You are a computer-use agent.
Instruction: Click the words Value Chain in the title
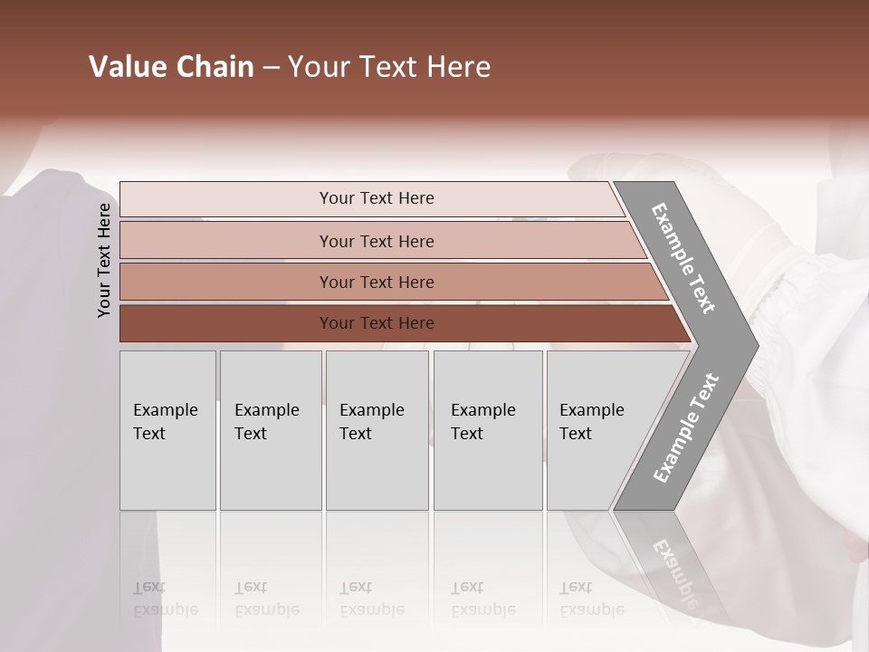click(x=171, y=67)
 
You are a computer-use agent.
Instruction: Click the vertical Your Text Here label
click(x=104, y=260)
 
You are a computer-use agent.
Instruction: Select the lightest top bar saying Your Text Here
click(x=377, y=198)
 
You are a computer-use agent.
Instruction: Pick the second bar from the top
click(x=377, y=241)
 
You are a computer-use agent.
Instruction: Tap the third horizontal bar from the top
click(x=377, y=282)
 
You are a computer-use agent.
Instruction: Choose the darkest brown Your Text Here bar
click(x=377, y=323)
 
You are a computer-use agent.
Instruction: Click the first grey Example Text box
click(x=167, y=430)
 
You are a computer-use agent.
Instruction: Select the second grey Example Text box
click(x=270, y=430)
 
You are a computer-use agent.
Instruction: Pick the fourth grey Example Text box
click(x=487, y=430)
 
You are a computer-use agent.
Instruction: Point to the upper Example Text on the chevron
click(x=684, y=258)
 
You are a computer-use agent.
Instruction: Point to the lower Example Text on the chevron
click(x=685, y=427)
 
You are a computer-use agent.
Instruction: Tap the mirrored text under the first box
click(x=165, y=599)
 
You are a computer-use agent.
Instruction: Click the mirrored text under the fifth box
click(x=591, y=599)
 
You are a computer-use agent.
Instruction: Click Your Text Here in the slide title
click(x=389, y=67)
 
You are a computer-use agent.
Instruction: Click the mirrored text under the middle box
click(x=371, y=599)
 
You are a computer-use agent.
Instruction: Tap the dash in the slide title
click(x=271, y=68)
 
